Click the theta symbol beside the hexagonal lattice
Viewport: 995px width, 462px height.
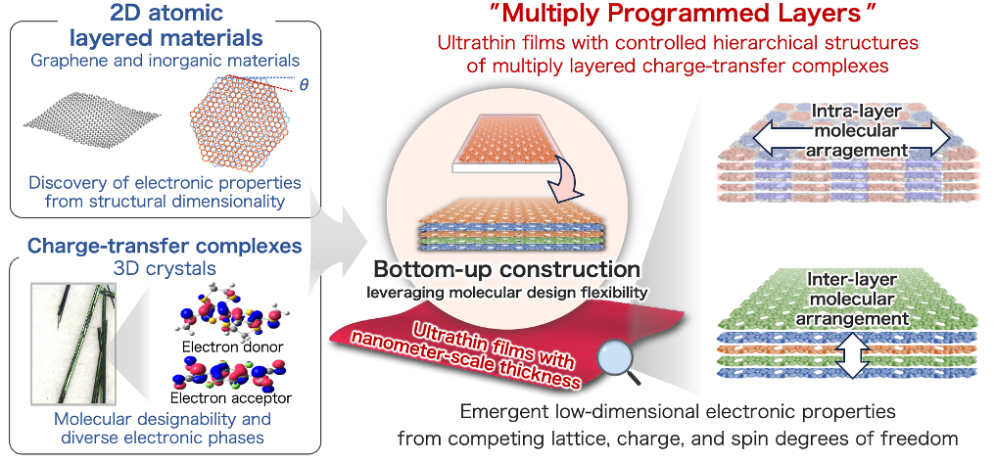click(x=304, y=86)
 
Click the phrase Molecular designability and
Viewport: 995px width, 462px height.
click(x=163, y=419)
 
